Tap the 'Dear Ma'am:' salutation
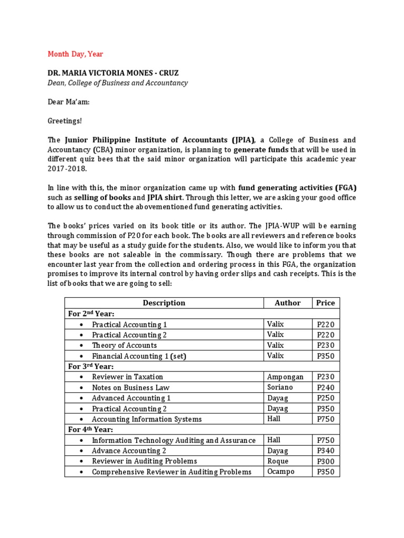(68, 102)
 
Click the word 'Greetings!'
(65, 121)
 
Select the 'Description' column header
(164, 303)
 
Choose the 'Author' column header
(288, 303)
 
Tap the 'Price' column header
(325, 303)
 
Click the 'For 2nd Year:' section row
(91, 314)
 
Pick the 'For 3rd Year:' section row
(91, 366)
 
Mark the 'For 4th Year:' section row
(91, 429)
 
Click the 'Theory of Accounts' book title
(124, 345)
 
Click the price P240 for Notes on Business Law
(325, 388)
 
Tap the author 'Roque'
(278, 461)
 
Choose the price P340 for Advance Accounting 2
(325, 451)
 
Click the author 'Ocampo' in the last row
(280, 471)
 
